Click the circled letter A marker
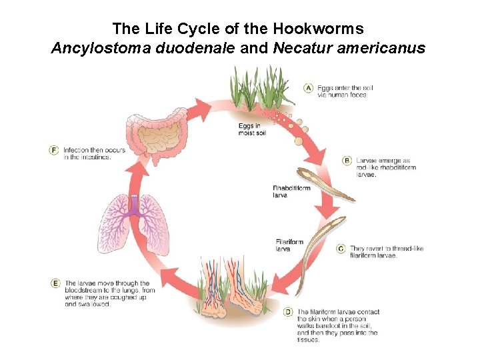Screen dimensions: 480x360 click(309, 87)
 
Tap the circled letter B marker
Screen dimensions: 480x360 click(347, 160)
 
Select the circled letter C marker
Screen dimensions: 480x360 click(341, 249)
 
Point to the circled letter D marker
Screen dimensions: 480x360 click(288, 311)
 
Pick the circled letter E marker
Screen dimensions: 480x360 click(55, 283)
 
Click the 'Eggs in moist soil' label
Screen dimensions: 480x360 click(251, 129)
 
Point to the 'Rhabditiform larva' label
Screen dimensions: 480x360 click(291, 192)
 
